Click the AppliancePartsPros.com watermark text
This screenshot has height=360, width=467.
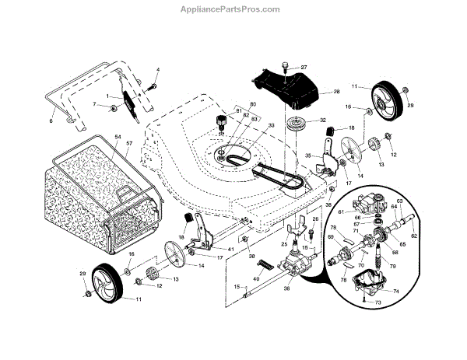(x=233, y=9)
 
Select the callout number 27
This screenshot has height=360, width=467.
(x=303, y=68)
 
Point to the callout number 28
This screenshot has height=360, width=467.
(x=337, y=92)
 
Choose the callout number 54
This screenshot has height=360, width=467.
(x=118, y=136)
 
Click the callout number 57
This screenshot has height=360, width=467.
(x=129, y=145)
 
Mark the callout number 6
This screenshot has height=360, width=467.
(x=52, y=121)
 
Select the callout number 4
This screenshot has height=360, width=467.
(x=158, y=71)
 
